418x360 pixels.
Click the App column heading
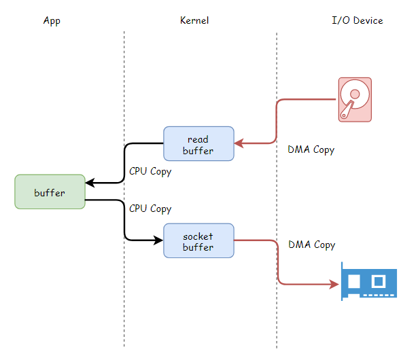(52, 21)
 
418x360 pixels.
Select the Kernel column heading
(194, 20)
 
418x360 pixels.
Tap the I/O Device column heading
(358, 20)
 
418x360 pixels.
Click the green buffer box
(50, 192)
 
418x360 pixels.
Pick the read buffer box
(198, 143)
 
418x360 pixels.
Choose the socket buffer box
(198, 240)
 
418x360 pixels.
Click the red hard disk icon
(355, 100)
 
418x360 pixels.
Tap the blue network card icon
(369, 281)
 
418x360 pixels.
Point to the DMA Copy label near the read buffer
(311, 149)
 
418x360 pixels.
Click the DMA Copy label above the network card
(312, 245)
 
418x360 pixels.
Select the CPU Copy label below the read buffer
(150, 172)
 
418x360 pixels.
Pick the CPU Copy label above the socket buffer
(150, 209)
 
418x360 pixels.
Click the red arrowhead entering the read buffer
(239, 143)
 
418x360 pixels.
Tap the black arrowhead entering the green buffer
(90, 183)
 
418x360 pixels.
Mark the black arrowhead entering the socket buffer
(158, 240)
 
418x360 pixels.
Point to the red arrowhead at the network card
(334, 284)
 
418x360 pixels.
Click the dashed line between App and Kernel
(124, 189)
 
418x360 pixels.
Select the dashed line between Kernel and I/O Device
(277, 190)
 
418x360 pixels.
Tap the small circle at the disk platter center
(355, 94)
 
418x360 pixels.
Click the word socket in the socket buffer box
(198, 236)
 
